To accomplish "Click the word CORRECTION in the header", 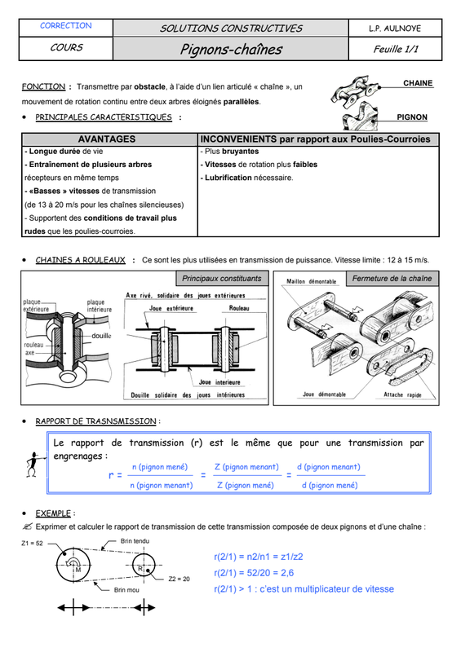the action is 66,26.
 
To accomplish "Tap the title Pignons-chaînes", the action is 231,50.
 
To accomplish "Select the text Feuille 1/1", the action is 396,49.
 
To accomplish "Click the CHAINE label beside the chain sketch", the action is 418,83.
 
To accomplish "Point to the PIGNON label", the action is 412,117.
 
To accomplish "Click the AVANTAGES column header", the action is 107,139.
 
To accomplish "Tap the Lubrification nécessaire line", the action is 247,178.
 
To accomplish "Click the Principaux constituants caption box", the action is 222,279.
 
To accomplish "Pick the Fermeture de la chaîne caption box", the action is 392,279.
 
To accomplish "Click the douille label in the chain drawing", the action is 101,336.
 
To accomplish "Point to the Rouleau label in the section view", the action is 239,308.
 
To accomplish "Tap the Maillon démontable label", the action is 311,281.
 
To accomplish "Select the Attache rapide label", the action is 402,394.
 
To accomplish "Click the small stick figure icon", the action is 33,465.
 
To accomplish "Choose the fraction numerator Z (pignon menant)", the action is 246,467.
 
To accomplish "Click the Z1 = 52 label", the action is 32,543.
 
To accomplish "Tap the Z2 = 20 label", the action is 179,579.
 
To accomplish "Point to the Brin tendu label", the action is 135,541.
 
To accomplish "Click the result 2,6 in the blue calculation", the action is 287,573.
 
